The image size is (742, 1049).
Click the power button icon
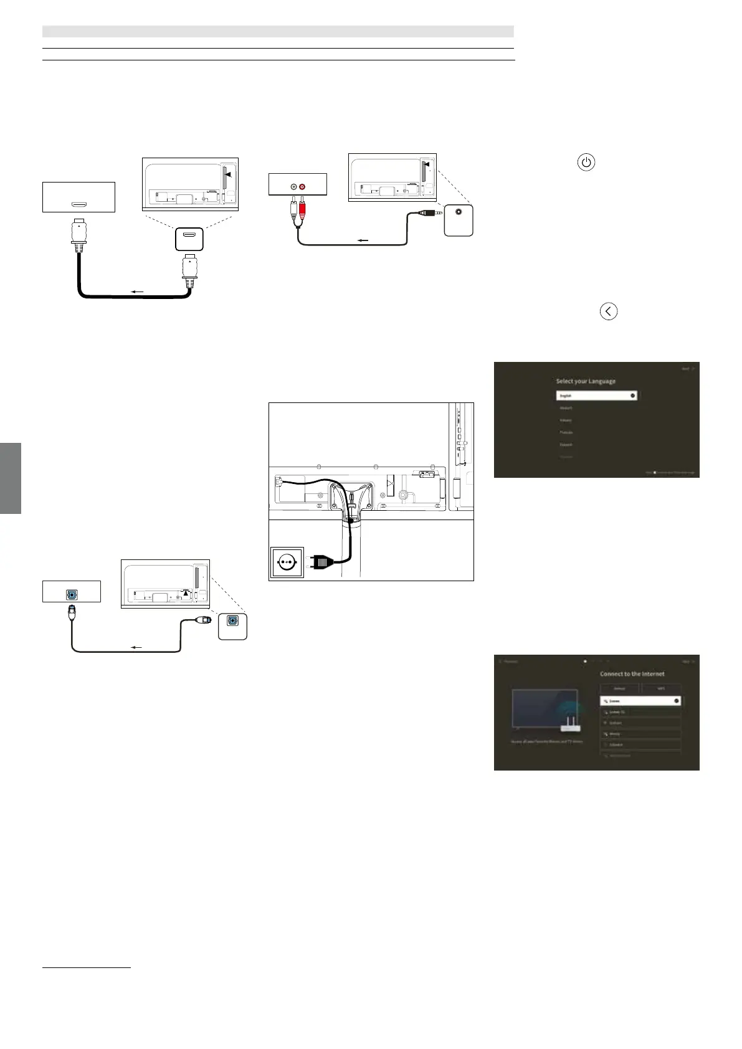(586, 163)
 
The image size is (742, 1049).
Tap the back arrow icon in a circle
(608, 311)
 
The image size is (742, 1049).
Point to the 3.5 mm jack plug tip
(417, 212)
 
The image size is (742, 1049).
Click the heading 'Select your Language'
(586, 381)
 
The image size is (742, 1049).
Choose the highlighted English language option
(596, 395)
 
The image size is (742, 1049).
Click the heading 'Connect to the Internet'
(632, 674)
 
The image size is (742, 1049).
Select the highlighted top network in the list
(640, 701)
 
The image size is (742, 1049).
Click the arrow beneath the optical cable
(135, 647)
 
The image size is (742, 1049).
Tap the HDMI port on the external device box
(78, 204)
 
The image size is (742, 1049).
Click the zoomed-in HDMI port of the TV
(189, 238)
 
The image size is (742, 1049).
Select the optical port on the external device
(72, 594)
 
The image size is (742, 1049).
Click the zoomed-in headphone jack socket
(459, 211)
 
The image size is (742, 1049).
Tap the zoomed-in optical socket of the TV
(232, 621)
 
